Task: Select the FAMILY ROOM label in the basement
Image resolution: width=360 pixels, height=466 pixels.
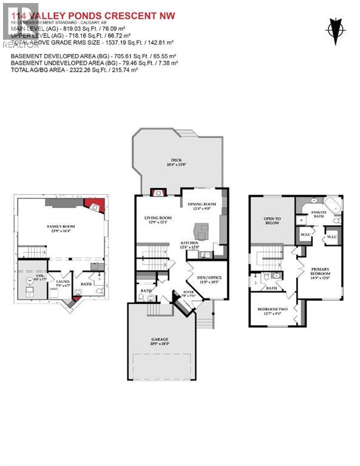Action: coord(60,226)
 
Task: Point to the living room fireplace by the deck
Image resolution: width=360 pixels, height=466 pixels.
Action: coord(158,193)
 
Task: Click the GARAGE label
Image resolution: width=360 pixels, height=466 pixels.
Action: coord(160,339)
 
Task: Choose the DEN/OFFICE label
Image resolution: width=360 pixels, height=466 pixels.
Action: coord(208,279)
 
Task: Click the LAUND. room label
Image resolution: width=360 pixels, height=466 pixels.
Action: coord(63,282)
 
